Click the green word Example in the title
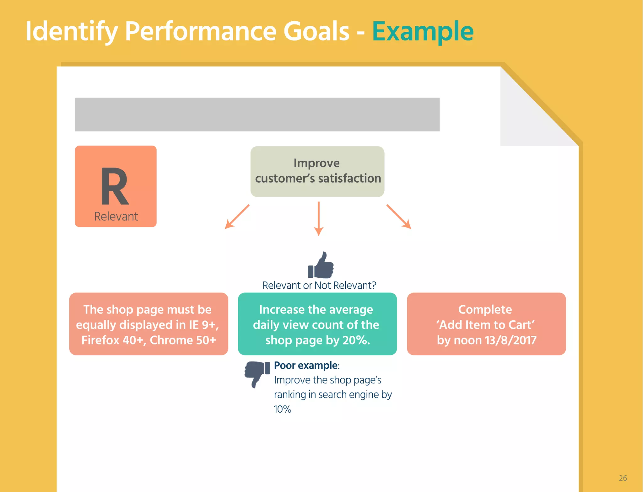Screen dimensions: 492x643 [423, 31]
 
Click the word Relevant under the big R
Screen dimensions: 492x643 [116, 217]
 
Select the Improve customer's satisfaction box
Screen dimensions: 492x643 [317, 171]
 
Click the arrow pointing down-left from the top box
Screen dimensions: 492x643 [237, 217]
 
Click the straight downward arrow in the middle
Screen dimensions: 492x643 [318, 218]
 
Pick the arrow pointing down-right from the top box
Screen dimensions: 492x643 [399, 217]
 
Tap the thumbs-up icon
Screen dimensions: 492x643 [321, 265]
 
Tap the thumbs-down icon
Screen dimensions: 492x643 [257, 373]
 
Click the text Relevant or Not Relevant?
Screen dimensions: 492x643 [319, 286]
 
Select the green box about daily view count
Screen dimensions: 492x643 [317, 324]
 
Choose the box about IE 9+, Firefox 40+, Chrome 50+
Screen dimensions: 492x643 [149, 324]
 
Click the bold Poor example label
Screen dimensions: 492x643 [306, 366]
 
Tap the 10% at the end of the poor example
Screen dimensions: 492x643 [282, 409]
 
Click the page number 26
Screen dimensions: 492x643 [623, 478]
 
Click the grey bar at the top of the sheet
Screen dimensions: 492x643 [257, 115]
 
